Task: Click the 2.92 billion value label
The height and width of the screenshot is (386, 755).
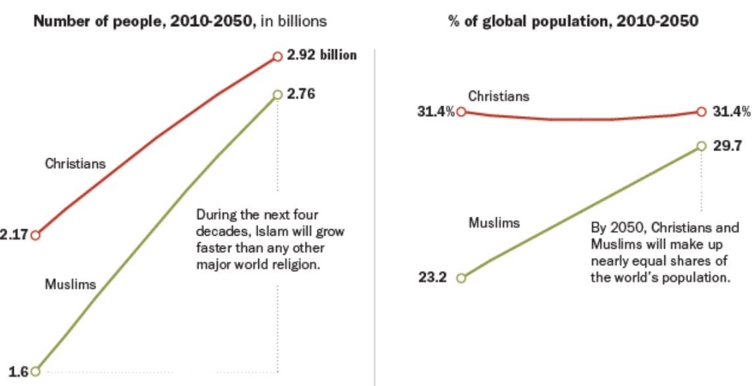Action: point(322,55)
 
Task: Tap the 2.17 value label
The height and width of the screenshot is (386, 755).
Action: point(13,235)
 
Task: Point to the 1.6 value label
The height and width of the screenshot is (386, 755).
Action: point(18,371)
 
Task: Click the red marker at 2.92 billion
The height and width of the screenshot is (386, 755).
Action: point(277,56)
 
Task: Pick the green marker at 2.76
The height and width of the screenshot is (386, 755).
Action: point(277,95)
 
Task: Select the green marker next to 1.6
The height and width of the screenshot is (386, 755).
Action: point(35,371)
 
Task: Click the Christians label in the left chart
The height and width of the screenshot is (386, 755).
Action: point(75,163)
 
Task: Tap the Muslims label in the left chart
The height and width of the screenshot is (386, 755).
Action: point(70,284)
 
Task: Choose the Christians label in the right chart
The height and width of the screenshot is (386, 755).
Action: point(498,96)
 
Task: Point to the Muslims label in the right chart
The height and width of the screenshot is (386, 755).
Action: point(494,223)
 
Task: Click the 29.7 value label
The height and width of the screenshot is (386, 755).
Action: point(727,146)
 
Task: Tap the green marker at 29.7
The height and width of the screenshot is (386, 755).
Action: point(701,146)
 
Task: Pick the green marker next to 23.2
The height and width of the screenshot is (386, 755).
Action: point(461,278)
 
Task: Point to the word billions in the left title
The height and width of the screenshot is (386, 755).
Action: point(302,22)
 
